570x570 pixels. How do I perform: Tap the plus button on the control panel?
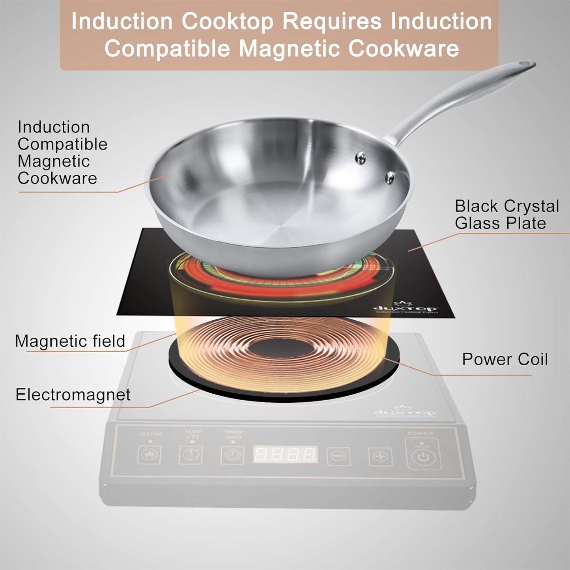point(380,457)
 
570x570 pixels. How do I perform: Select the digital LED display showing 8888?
point(285,455)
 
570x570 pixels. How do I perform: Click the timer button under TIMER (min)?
point(232,455)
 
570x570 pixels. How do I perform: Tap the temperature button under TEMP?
point(191,455)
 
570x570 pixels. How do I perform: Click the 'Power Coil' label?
point(505,359)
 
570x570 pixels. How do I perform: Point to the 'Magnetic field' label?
point(70,341)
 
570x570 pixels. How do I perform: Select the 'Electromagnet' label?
point(73,394)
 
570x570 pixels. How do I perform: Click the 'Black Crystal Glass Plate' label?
point(506,215)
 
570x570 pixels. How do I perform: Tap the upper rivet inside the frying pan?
point(360,158)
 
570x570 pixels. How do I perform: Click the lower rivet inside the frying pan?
point(390,177)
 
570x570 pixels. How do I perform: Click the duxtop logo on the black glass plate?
point(405,308)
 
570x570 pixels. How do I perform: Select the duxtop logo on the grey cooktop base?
point(405,411)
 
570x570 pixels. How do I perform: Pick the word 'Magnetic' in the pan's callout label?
point(54,161)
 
